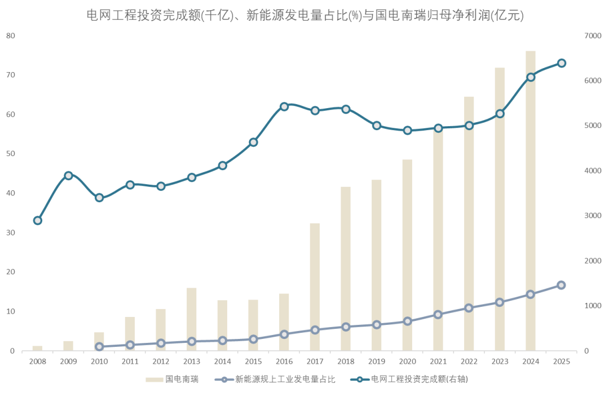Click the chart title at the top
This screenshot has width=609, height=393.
[304, 15]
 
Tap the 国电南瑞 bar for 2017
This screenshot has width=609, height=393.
[315, 287]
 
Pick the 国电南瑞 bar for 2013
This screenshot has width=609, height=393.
[192, 319]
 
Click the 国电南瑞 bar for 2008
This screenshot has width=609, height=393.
[38, 348]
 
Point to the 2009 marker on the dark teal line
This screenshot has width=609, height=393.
[68, 176]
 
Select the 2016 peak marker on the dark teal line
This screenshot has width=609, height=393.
[284, 106]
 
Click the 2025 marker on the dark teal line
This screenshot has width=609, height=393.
[562, 63]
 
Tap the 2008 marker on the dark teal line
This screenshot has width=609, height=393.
[38, 221]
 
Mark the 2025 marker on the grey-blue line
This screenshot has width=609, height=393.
[562, 285]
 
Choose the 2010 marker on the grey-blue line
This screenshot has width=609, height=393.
[99, 347]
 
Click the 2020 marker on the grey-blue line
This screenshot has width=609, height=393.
[408, 321]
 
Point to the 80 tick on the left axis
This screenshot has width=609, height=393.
[10, 35]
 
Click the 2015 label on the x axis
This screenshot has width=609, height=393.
[253, 361]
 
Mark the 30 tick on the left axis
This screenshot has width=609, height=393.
[10, 233]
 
